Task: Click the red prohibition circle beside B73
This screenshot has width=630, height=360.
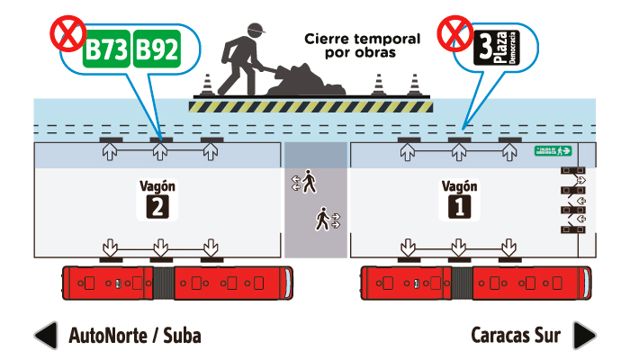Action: click(x=67, y=34)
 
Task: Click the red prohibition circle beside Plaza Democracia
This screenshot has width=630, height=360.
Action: click(x=454, y=34)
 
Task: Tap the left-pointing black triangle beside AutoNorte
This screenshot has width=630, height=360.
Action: click(x=45, y=336)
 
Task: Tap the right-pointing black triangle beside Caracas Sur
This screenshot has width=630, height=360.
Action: click(x=584, y=336)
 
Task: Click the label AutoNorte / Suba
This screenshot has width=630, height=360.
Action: click(x=135, y=336)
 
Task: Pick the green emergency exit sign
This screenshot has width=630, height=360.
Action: click(x=553, y=150)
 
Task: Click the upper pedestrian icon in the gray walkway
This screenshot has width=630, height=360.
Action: click(x=309, y=183)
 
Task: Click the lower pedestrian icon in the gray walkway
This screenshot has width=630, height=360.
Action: click(x=322, y=218)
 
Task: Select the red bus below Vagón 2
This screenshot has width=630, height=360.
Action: click(x=176, y=283)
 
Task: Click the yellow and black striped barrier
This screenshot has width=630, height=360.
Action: click(x=310, y=104)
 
